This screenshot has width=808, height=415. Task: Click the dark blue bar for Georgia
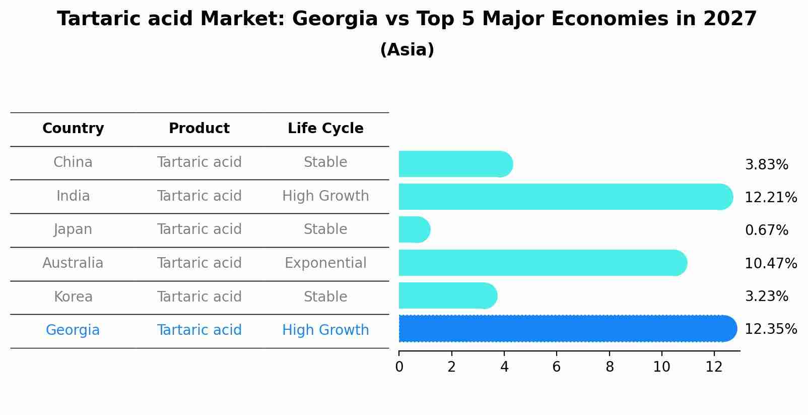pos(567,328)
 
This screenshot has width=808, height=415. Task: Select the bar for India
pos(564,197)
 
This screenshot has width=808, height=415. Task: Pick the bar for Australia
pos(542,263)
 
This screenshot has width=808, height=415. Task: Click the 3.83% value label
pos(766,165)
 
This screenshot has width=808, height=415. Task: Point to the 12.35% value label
pos(771,329)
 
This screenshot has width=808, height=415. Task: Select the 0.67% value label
pos(766,230)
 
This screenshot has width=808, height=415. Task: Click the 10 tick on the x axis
pos(661,367)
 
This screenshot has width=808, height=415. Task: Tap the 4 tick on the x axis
pos(504,367)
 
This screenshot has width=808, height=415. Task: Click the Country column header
pos(73,129)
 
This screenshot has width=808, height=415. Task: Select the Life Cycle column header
pos(325,129)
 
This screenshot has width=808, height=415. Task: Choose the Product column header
pos(199,129)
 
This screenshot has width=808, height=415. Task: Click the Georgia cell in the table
pos(73,330)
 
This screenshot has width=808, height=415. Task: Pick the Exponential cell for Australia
pos(325,263)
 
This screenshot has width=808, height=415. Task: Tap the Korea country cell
pos(73,297)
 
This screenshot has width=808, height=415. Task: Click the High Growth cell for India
pos(325,196)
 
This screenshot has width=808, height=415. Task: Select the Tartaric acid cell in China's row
pos(199,162)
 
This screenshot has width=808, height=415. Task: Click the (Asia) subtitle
pos(407,50)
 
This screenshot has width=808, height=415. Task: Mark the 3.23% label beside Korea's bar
pos(766,297)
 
